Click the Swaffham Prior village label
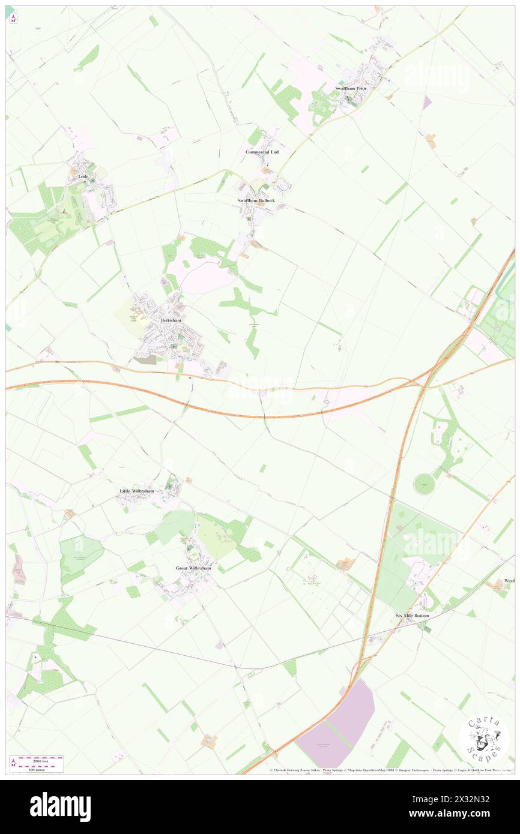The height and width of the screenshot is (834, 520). coord(351,88)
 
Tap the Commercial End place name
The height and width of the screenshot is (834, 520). coord(262,152)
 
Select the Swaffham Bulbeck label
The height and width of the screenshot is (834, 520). coord(257,200)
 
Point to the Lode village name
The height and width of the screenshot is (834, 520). coord(83,177)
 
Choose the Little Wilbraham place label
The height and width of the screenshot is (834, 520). coord(137,491)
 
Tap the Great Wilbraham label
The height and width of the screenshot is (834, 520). coord(193,568)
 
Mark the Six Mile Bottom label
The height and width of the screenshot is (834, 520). coord(412,616)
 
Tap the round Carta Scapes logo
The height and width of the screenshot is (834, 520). coord(484,739)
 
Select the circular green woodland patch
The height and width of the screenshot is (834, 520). coord(424,484)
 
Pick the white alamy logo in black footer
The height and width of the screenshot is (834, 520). coord(60,807)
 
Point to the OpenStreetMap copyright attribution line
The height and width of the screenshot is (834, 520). coord(390,770)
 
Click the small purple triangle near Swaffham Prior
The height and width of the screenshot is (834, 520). coord(427,103)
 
